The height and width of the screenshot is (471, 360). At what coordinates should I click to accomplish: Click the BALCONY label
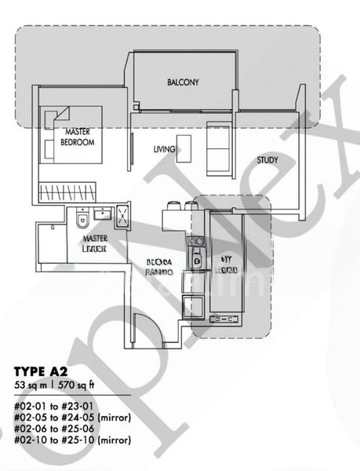tap(183, 82)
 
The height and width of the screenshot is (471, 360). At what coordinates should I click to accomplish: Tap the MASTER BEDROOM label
tap(79, 137)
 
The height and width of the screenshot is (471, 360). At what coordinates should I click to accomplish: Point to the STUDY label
tap(267, 161)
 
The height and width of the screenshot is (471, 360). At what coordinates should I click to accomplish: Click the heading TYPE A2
tap(43, 370)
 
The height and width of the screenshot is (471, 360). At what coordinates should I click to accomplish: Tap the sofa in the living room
tap(218, 149)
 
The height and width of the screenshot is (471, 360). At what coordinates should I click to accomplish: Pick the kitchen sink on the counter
tap(197, 262)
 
